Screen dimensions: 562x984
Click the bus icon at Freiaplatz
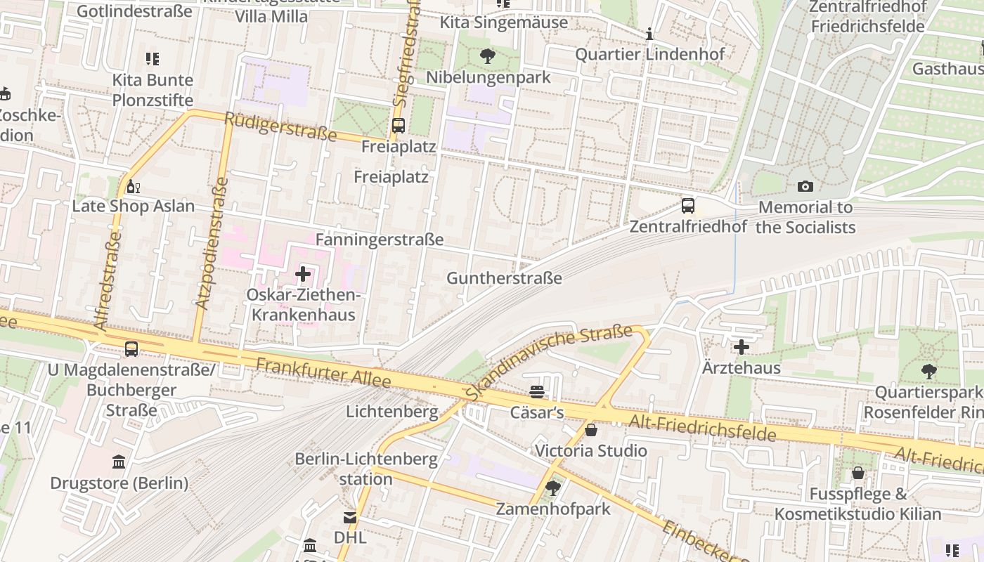[398, 126]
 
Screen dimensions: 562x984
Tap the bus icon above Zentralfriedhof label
[688, 206]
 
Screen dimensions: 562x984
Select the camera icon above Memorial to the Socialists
[805, 186]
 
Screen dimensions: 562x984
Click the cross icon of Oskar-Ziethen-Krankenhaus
[303, 274]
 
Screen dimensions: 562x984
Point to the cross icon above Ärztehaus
[742, 347]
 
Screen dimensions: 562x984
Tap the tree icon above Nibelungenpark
[487, 56]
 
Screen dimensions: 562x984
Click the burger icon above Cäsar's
[537, 392]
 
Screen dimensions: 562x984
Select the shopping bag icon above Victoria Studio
[591, 430]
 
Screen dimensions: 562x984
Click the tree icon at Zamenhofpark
[553, 488]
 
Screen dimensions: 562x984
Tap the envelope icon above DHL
[349, 518]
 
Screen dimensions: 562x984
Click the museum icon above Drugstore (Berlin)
[119, 462]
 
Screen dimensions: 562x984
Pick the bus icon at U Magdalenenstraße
[131, 348]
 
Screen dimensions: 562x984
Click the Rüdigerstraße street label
[280, 126]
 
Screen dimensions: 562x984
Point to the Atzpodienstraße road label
[213, 244]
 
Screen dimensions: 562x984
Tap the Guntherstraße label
[504, 278]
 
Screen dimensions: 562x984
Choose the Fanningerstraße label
[380, 240]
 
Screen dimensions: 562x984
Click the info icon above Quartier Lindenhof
[649, 34]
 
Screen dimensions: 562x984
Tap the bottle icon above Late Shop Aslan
[133, 187]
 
